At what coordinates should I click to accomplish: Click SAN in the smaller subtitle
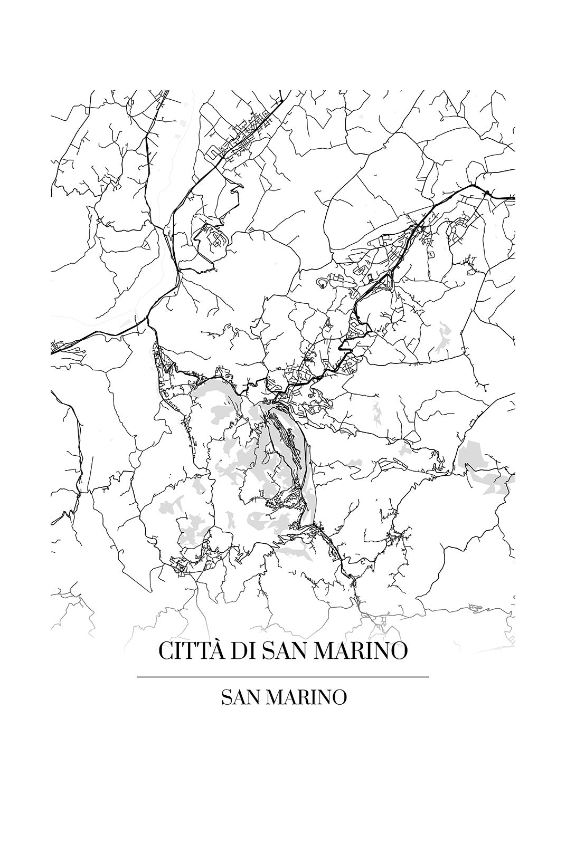[x=241, y=697]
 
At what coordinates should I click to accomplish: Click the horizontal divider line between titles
[x=282, y=676]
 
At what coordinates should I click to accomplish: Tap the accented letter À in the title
[x=218, y=649]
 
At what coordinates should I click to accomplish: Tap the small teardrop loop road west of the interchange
[x=320, y=283]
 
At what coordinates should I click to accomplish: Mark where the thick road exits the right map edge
[x=513, y=198]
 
